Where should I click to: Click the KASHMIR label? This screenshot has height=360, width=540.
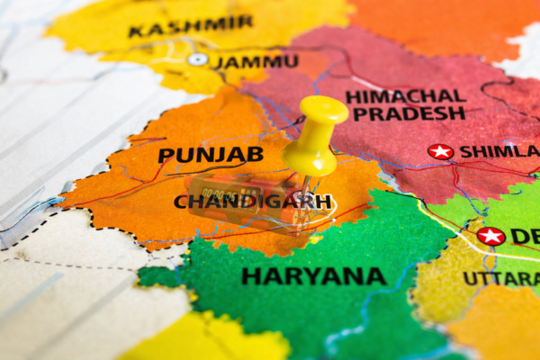point(190,26)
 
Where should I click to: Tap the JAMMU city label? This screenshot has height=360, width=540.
point(256,62)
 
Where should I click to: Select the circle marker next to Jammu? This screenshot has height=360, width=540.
point(198,59)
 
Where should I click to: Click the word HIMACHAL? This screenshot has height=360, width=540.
point(406,95)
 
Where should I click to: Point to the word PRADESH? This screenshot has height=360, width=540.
point(409,113)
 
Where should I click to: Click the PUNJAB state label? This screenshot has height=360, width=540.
point(211,155)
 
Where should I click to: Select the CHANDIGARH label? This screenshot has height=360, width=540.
point(252,202)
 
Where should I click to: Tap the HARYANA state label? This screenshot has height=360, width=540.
point(313,276)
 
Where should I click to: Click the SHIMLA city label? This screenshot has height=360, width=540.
point(499,151)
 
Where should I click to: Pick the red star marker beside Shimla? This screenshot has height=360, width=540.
point(440,151)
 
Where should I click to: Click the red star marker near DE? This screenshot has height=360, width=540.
point(490,236)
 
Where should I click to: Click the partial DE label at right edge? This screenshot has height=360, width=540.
point(525,236)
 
